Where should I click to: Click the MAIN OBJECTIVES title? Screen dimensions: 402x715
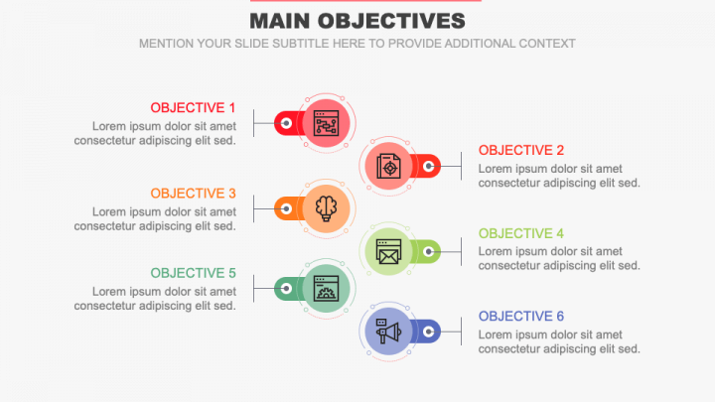pos(357,21)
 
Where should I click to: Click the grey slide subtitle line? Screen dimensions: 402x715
pos(357,44)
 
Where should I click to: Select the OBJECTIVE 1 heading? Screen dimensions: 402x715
pos(193,107)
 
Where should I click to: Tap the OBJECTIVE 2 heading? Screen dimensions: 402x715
pos(521,150)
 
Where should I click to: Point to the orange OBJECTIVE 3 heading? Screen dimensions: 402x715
pos(193,194)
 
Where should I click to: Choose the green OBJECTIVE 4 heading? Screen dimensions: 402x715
pos(521,233)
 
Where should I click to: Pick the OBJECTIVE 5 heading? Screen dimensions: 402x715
pos(193,273)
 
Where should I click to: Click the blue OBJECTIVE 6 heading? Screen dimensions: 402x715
pos(521,317)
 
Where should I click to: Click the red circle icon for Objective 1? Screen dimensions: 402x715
pos(326,123)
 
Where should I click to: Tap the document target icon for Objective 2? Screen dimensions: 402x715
pos(388,166)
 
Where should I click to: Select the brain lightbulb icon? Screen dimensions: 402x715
pos(326,207)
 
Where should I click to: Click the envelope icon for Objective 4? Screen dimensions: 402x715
pos(388,251)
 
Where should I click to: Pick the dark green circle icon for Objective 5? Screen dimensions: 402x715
pos(326,289)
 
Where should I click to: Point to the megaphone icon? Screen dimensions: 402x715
pos(388,331)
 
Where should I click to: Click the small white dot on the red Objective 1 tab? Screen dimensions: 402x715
pos(286,123)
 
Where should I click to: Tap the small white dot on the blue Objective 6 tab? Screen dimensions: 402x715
pos(429,332)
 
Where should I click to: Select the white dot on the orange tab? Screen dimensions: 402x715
pos(286,208)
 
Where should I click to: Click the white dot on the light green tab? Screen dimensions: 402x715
pos(429,252)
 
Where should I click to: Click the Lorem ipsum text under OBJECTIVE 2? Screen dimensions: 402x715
pos(559,176)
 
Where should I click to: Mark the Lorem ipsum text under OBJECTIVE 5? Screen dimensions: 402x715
pos(155,299)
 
